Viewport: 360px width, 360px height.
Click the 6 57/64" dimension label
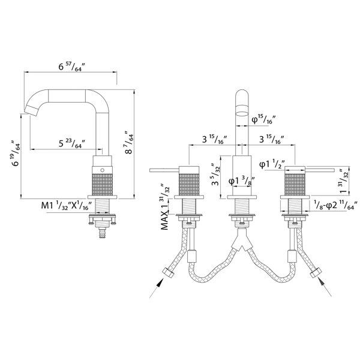[x=72, y=67]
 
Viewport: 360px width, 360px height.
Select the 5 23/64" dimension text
[x=72, y=143]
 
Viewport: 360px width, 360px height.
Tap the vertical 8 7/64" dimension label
[x=129, y=143]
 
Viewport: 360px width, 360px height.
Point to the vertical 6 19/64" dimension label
[x=16, y=153]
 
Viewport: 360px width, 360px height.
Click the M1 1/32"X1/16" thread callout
[x=67, y=205]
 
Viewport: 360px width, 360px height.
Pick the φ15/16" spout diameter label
[x=263, y=119]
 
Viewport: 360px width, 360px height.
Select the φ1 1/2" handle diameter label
[x=272, y=164]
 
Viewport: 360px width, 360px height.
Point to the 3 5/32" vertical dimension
[x=216, y=175]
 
